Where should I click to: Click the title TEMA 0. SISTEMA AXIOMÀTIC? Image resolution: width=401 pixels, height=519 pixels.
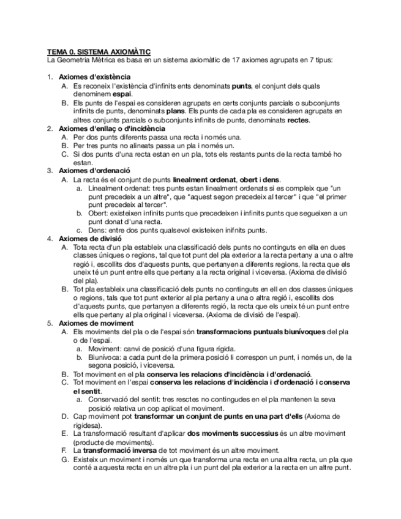coord(99,53)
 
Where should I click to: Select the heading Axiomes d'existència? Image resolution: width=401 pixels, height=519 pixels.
coord(94,77)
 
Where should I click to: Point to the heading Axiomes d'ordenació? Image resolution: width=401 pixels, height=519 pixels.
coord(94,171)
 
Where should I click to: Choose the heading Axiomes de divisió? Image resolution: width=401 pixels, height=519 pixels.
coord(89,237)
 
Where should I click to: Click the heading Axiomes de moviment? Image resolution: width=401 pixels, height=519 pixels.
coord(96,323)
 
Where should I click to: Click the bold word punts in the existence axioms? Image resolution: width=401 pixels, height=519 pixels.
coord(241,86)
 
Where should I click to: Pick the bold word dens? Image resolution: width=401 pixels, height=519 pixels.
coord(271,179)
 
